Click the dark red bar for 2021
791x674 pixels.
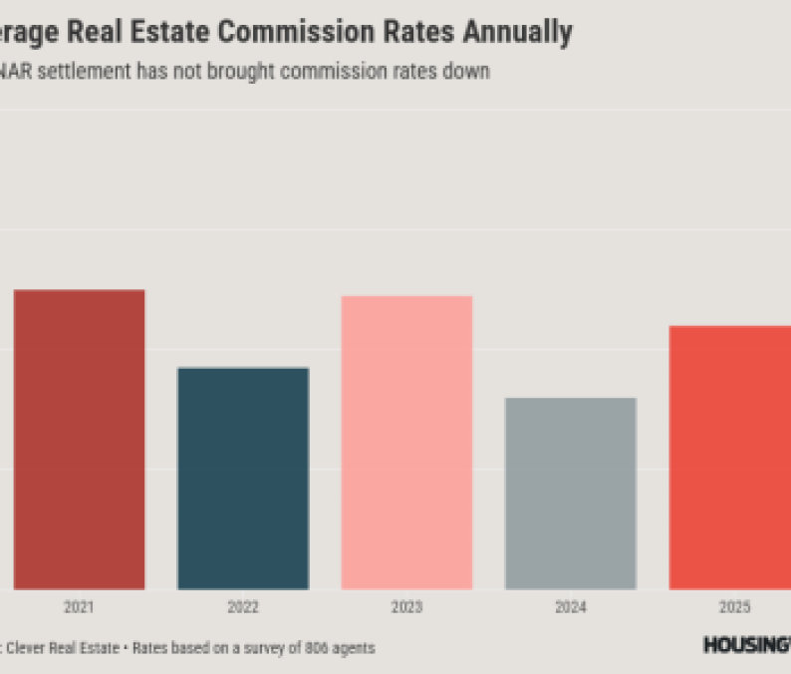pyautogui.click(x=80, y=439)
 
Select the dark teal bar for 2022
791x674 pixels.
pyautogui.click(x=243, y=478)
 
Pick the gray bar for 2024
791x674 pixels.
pyautogui.click(x=571, y=493)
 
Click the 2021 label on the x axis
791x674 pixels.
pyautogui.click(x=80, y=607)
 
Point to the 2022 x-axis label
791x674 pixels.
pyautogui.click(x=243, y=607)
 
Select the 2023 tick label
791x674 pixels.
pyautogui.click(x=406, y=607)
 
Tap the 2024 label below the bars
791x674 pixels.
pyautogui.click(x=571, y=607)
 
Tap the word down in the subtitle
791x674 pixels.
pyautogui.click(x=469, y=73)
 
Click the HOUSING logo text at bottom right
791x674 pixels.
pyautogui.click(x=746, y=645)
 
